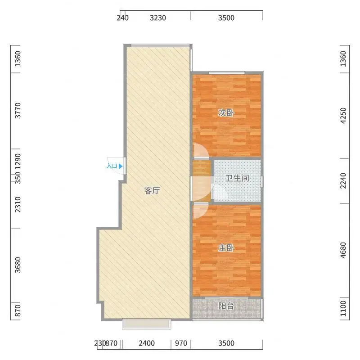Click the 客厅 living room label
click(x=152, y=190)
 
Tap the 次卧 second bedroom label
click(x=226, y=113)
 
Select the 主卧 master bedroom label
click(x=226, y=248)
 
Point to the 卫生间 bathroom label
click(x=237, y=178)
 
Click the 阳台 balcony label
click(x=226, y=306)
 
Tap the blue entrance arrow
click(x=121, y=166)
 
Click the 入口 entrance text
click(x=112, y=166)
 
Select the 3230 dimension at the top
click(x=158, y=18)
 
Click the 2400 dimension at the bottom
click(x=147, y=343)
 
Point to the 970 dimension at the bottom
click(x=181, y=343)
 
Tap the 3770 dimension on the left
click(x=18, y=110)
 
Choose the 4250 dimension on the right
click(x=343, y=116)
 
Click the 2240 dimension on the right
click(x=343, y=181)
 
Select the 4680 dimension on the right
click(x=343, y=250)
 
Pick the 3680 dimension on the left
click(x=18, y=265)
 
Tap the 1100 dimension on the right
click(x=343, y=308)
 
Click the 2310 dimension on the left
click(x=18, y=205)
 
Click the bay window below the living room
click(x=147, y=324)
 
